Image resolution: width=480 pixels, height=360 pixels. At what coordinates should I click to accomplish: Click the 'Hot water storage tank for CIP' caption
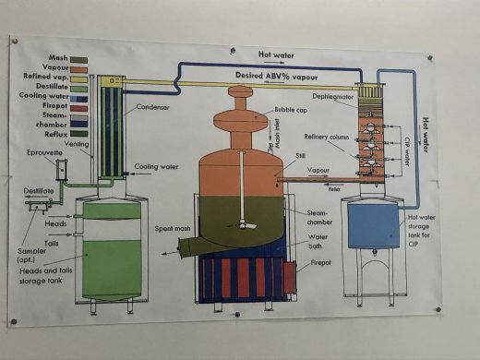click(425, 222)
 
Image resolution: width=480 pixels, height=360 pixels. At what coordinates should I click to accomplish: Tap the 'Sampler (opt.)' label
click(32, 255)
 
